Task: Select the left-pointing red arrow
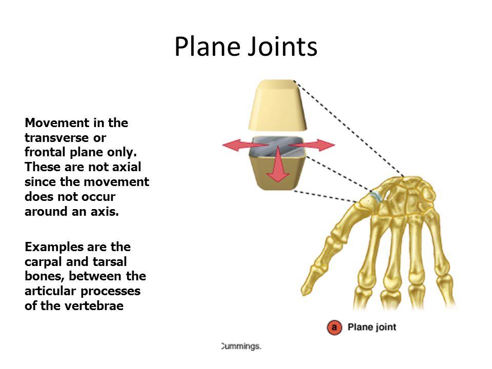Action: [245, 145]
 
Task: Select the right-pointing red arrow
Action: [312, 145]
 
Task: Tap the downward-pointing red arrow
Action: [278, 164]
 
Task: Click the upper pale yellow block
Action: [278, 105]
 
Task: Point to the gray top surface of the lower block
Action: [277, 146]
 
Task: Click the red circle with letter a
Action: [334, 327]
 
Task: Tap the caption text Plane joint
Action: [372, 327]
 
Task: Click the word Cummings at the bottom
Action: [241, 346]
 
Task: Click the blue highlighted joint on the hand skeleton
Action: [376, 196]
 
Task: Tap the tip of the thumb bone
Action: [303, 292]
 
